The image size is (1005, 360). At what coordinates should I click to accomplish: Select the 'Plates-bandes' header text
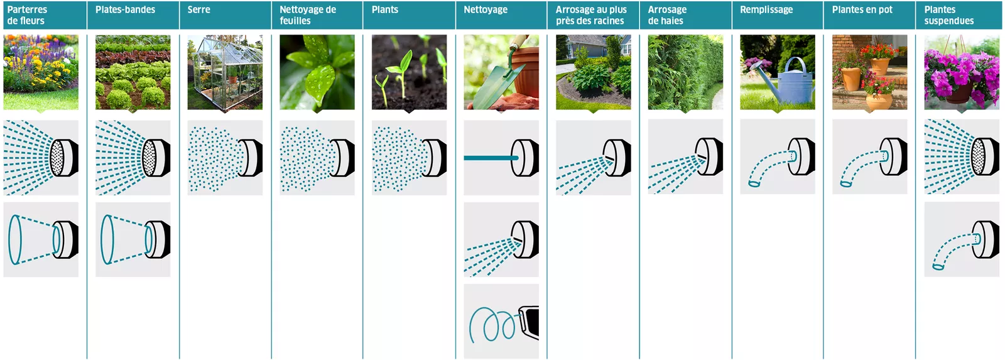tap(125, 10)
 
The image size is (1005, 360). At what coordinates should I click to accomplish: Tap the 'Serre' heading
tap(198, 10)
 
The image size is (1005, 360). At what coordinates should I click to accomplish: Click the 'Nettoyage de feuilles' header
tap(308, 15)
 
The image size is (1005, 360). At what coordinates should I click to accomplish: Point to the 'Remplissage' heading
tap(766, 10)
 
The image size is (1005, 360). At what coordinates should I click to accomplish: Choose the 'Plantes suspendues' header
tap(949, 15)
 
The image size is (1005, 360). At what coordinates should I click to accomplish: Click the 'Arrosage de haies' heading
tap(667, 15)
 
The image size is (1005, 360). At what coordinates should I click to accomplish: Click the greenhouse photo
tap(225, 72)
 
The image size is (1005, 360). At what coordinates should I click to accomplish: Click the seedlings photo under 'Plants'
tap(409, 72)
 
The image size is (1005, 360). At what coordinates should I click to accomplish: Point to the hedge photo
tap(685, 72)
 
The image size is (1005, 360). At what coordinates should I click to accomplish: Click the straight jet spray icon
tap(501, 158)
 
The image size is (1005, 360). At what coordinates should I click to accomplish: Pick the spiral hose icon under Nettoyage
tap(501, 322)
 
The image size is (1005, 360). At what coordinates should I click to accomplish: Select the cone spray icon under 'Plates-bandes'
tap(133, 240)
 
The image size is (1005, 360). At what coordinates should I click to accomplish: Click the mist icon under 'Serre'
tap(225, 158)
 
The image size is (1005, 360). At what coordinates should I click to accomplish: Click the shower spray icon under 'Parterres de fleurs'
tap(41, 158)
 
